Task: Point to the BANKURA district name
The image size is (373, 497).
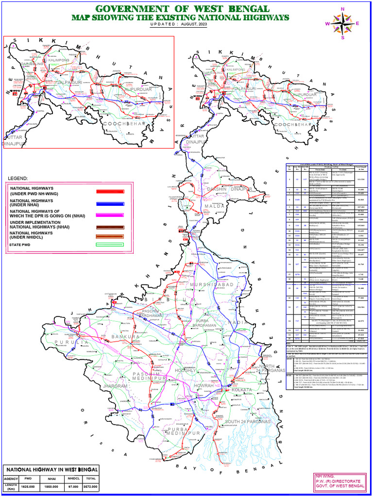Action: (x=126, y=336)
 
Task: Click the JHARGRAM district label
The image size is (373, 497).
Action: (x=115, y=386)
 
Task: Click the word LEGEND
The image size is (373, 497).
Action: (x=17, y=178)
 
